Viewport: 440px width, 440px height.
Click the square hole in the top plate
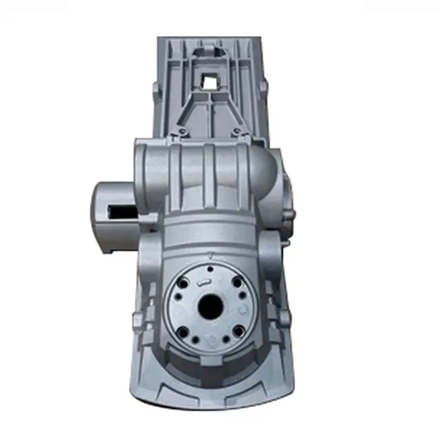pos(209,82)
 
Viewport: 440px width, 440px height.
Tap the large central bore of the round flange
pos(209,305)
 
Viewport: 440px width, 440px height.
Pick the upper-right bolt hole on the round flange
pos(236,282)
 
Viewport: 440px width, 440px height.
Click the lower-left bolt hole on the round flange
pos(183,332)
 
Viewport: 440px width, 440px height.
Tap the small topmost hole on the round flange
pos(209,268)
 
